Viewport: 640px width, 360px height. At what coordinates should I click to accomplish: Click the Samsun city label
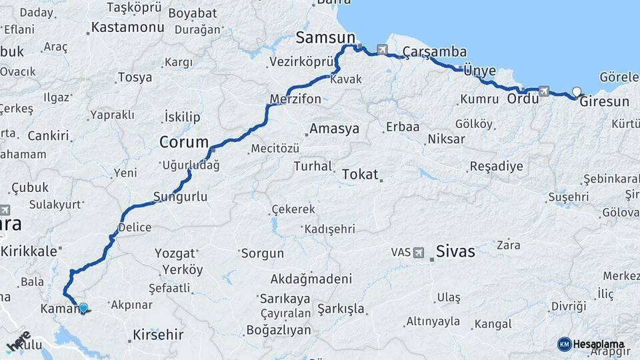325,37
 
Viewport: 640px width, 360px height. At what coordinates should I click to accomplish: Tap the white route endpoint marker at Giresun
577,92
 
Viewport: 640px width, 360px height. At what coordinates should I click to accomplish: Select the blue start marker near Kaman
83,308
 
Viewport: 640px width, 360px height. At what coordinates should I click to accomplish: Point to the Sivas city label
455,251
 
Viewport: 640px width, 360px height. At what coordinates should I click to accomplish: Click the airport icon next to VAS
418,253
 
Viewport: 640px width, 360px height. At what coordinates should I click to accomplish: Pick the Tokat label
359,175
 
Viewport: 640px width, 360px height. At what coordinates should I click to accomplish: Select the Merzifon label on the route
295,99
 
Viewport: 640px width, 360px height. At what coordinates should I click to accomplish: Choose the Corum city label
183,142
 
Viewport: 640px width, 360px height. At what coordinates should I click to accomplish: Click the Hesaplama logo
591,344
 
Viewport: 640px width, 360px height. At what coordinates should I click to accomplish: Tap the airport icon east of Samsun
382,49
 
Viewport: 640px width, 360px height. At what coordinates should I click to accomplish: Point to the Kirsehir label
158,334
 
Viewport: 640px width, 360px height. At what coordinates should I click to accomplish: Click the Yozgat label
175,253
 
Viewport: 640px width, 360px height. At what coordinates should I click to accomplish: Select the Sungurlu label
180,197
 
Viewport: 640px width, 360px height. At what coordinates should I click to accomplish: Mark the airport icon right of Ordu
544,91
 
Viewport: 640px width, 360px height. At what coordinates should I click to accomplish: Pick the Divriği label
568,306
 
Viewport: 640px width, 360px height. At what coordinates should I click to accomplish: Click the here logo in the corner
19,341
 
